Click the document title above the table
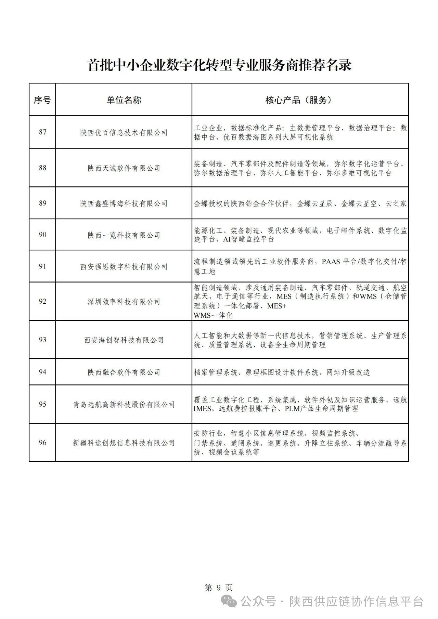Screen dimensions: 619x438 (220, 65)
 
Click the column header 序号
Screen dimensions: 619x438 (42, 100)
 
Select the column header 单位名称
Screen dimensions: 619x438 (124, 100)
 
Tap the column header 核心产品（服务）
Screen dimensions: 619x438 (300, 100)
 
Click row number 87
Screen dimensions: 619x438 (42, 132)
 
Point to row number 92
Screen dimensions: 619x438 (42, 302)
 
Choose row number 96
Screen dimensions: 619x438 (42, 443)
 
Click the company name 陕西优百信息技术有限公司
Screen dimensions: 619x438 (124, 133)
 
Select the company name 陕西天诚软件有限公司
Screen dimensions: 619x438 (124, 168)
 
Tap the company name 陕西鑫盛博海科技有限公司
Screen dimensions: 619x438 (124, 203)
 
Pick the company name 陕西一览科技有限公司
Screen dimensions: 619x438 (124, 235)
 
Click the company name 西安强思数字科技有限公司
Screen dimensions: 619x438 (124, 267)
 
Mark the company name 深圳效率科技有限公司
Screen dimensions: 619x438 (124, 302)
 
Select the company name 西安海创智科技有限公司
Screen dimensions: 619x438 (124, 340)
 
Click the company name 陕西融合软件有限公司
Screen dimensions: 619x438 (124, 372)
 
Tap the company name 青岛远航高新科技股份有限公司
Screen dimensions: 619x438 (124, 405)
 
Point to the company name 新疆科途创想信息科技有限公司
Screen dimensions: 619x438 (124, 443)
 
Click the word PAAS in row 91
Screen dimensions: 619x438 (331, 262)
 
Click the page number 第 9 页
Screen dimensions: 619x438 (219, 588)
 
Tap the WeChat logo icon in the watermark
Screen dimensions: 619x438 (229, 601)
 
